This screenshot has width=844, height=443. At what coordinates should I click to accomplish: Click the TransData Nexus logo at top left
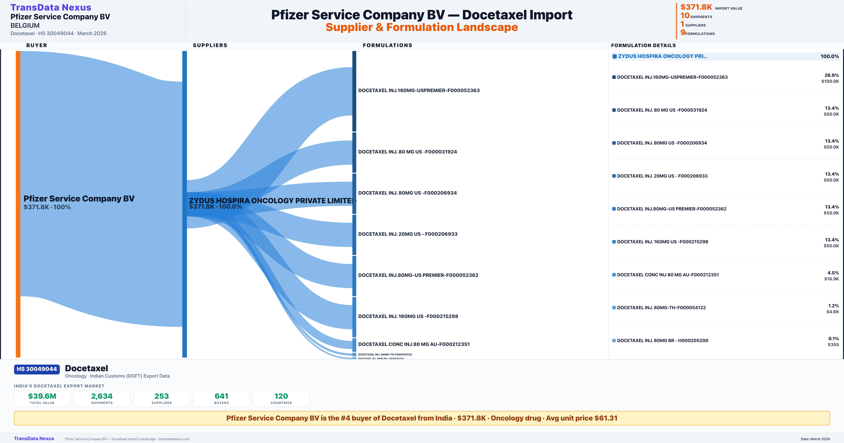(x=51, y=7)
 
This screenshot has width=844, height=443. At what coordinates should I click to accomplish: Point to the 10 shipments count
(x=685, y=15)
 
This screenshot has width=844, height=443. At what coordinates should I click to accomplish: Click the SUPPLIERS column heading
(x=210, y=45)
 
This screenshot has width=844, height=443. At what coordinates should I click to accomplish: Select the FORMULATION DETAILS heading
(x=643, y=45)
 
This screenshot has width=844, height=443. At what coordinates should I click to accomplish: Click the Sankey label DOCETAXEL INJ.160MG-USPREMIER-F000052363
(x=419, y=90)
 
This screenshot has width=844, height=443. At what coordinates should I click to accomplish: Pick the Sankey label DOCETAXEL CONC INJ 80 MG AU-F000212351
(x=414, y=344)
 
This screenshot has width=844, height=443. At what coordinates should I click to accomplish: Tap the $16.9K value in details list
(x=832, y=279)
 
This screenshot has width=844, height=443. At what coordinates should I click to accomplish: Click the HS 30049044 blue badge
(x=37, y=369)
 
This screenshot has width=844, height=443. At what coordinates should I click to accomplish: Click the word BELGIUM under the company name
(x=25, y=25)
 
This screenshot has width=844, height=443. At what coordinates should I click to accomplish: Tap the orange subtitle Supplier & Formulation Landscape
(x=422, y=27)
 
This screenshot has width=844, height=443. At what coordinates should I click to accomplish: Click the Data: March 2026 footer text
(x=815, y=439)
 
